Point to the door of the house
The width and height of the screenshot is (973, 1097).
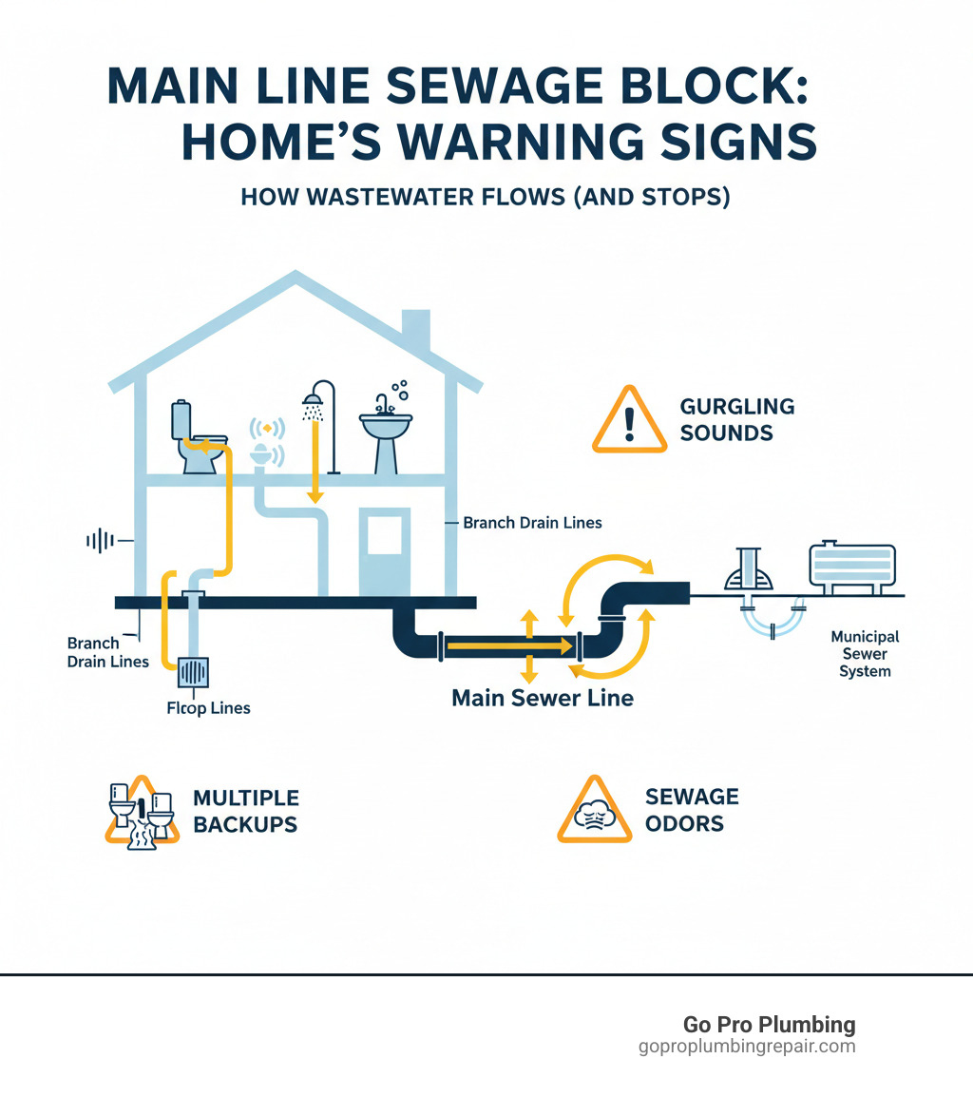click(384, 551)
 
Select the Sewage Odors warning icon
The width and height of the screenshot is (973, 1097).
click(594, 810)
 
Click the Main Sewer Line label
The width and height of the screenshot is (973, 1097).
click(542, 698)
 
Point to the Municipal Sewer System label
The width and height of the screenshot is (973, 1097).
click(865, 653)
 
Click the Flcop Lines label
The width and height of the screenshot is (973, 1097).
click(208, 708)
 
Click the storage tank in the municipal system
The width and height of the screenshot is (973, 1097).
click(850, 567)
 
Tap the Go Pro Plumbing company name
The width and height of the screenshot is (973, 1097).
click(769, 1025)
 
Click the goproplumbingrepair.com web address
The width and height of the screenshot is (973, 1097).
click(747, 1047)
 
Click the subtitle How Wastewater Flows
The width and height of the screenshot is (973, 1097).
click(485, 198)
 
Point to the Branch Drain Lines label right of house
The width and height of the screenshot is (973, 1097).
click(531, 522)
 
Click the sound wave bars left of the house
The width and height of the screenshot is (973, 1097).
click(100, 541)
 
